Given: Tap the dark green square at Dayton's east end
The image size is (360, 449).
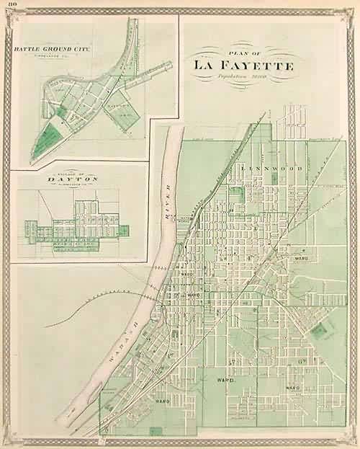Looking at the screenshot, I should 125,231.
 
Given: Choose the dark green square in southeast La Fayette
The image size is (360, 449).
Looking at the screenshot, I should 318,331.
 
